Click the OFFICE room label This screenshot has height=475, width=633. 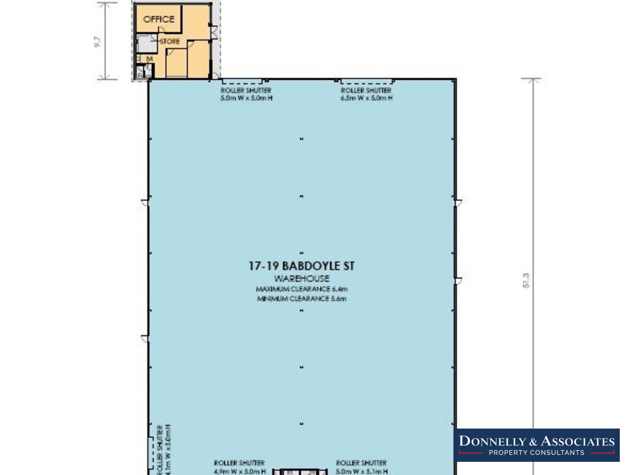coord(158,19)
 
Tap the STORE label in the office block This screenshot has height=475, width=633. coord(170,41)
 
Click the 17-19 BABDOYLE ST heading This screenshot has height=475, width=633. coord(301,266)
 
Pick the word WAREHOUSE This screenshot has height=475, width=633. coord(301,278)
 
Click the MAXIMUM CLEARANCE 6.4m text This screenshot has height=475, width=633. coord(301,289)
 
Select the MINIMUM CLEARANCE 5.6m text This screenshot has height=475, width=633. coord(301,299)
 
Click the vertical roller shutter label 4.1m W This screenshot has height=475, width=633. coord(164,449)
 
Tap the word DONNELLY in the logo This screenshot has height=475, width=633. coord(493,442)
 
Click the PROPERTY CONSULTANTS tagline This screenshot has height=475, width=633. coord(536,453)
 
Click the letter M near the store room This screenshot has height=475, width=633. coord(149,59)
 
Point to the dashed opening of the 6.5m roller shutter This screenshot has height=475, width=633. coord(366,82)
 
